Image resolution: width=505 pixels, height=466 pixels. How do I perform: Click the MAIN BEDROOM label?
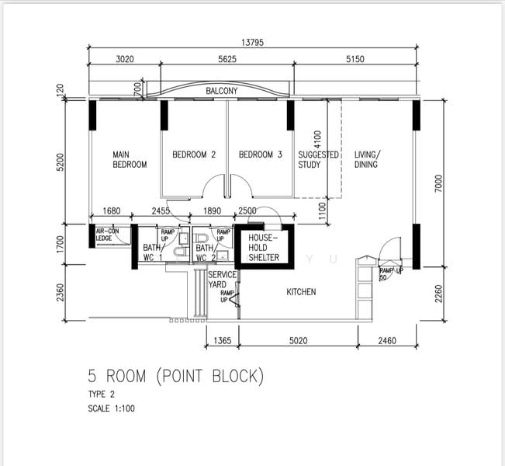point(130,159)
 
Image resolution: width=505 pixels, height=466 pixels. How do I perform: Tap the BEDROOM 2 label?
point(194,155)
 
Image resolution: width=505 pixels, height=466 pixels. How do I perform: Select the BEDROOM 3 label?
point(260,155)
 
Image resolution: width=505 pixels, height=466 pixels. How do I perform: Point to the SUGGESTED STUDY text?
point(318,159)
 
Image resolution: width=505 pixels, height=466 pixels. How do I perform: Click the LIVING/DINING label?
point(367,159)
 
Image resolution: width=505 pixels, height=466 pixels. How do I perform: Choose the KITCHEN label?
point(301,292)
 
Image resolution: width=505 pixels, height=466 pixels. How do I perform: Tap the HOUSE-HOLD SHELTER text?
point(264,248)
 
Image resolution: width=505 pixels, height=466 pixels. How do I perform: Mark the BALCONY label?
point(222,91)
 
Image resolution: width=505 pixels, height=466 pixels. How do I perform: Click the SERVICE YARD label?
point(222,280)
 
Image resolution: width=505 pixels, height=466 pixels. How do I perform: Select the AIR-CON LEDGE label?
point(108,235)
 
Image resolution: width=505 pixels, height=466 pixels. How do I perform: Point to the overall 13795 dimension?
point(253,42)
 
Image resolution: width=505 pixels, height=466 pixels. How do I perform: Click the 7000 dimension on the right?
point(438,183)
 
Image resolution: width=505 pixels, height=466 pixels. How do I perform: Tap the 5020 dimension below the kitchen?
point(298,340)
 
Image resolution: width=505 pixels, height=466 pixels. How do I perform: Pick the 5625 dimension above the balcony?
point(227,59)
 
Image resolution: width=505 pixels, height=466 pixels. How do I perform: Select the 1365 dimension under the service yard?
point(223,340)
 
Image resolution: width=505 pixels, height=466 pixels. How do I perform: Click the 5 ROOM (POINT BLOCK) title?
point(176,376)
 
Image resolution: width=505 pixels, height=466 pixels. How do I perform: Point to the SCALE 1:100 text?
point(112,409)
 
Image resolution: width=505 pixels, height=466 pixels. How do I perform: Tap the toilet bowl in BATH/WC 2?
point(201,238)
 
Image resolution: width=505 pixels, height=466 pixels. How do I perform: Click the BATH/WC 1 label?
point(154,252)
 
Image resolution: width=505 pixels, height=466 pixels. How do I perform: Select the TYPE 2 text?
point(101,394)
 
